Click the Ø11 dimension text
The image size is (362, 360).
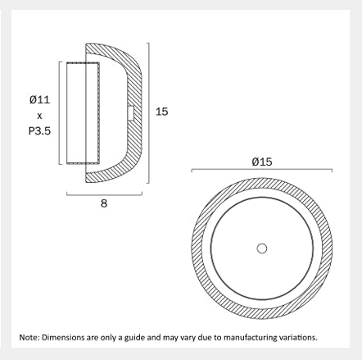click(40, 99)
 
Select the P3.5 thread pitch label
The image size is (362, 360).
click(39, 131)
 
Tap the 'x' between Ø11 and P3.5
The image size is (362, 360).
click(39, 116)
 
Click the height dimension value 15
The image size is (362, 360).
click(161, 112)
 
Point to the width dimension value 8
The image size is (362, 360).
click(104, 203)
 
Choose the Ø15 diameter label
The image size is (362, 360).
click(262, 162)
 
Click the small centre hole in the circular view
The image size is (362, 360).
click(262, 248)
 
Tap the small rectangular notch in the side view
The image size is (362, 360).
click(131, 113)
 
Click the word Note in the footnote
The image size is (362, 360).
click(28, 337)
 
